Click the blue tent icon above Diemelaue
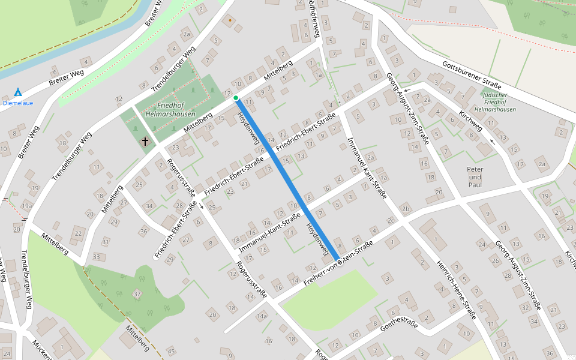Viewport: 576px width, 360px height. pyautogui.click(x=17, y=92)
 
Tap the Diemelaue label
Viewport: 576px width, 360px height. pyautogui.click(x=18, y=103)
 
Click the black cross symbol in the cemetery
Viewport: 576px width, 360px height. pyautogui.click(x=145, y=142)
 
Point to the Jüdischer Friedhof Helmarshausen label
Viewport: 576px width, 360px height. pyautogui.click(x=495, y=103)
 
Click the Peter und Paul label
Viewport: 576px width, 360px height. pyautogui.click(x=475, y=173)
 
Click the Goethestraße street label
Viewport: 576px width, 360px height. pyautogui.click(x=398, y=325)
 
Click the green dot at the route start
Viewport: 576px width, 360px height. pyautogui.click(x=236, y=98)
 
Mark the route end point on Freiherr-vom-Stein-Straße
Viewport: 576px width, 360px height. pyautogui.click(x=339, y=262)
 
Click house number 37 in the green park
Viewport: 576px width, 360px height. pyautogui.click(x=137, y=293)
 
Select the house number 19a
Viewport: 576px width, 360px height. pyautogui.click(x=26, y=205)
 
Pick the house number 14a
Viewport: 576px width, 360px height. pyautogui.click(x=262, y=316)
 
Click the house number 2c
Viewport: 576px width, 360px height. pyautogui.click(x=391, y=221)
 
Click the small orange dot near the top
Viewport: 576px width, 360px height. pyautogui.click(x=229, y=20)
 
